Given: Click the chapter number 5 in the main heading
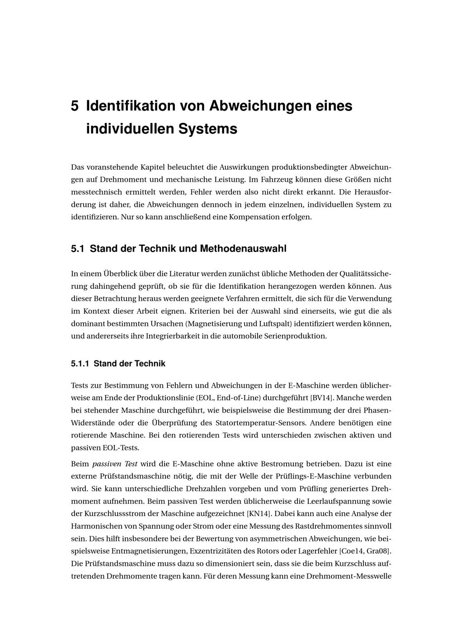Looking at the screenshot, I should pos(75,106).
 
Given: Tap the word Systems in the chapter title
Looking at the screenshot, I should pos(207,129).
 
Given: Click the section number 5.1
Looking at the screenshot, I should pos(78,249).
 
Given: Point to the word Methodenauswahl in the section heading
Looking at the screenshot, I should pos(243,249).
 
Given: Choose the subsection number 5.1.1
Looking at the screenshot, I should pos(80,364).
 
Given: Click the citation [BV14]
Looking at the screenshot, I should pos(321,398).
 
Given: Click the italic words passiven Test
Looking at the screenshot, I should pos(115,464).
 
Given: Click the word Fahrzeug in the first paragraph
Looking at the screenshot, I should pos(276,179).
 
